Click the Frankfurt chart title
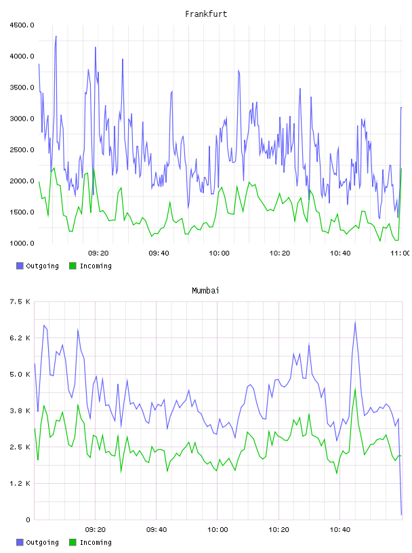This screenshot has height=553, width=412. coord(206,14)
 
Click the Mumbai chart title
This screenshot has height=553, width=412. coord(205,291)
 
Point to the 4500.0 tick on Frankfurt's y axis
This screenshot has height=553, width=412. coord(22,25)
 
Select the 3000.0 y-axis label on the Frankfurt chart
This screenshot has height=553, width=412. coord(22,119)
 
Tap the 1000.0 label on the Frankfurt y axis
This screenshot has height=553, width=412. coord(22,243)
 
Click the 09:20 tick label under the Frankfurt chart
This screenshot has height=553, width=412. coord(98,253)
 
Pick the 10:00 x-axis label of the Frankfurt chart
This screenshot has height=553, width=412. coord(219,253)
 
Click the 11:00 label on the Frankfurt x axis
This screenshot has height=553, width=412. coord(400,253)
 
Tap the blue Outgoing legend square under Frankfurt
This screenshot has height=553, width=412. coord(20,266)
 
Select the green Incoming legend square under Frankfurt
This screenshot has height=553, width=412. coord(73,266)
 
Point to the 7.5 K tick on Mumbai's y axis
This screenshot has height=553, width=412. coord(20,302)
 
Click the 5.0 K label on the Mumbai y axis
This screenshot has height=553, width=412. coord(20,374)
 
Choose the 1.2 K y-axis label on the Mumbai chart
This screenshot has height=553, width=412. coord(20,483)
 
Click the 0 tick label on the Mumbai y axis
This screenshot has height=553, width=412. coord(28,520)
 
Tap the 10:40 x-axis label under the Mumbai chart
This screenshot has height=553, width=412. coord(340,530)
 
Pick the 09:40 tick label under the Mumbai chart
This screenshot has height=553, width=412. coord(157,530)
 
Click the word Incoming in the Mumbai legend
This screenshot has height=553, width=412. coord(96,542)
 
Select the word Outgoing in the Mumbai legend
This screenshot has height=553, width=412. coord(42,542)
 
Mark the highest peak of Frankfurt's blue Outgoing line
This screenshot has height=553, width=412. coord(56,36)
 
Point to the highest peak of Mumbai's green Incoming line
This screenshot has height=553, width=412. coord(355,388)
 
